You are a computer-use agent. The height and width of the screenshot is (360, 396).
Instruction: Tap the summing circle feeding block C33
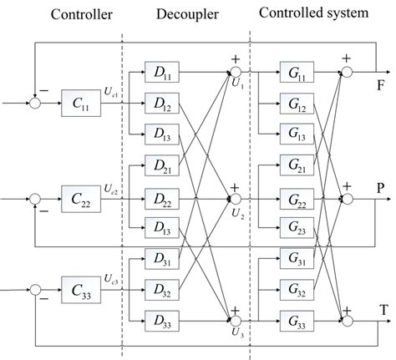click(x=35, y=292)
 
